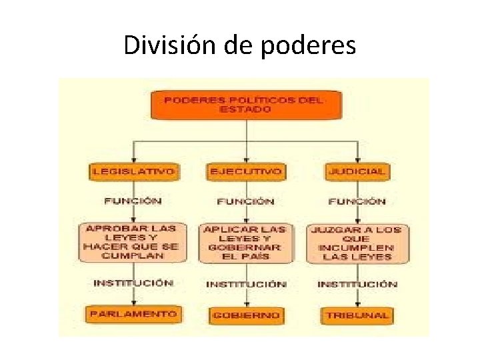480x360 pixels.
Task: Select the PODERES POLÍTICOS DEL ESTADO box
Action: coord(245,105)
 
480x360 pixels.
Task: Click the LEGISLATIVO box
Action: coord(133,171)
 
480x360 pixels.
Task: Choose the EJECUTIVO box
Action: coord(245,171)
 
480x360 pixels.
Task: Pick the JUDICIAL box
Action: coord(357,171)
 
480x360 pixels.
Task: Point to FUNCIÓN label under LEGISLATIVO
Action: coord(133,200)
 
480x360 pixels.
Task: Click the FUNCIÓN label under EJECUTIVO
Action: coord(245,201)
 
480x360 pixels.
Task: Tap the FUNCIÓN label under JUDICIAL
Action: coord(357,201)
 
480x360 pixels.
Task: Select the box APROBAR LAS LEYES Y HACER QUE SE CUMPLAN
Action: coord(131,241)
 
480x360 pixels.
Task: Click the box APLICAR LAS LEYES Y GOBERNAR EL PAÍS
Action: coord(245,243)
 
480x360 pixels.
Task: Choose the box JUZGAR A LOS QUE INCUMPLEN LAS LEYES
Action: coord(357,243)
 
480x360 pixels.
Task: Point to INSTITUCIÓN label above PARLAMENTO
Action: coord(133,283)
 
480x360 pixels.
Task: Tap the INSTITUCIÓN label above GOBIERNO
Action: coord(246,284)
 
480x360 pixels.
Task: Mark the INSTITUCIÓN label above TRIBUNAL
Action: coord(357,284)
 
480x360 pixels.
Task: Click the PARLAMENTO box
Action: coord(133,314)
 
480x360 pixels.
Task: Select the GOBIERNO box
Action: coord(245,315)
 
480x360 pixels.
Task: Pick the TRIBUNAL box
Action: coord(357,315)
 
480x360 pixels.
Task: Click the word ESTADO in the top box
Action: coord(245,110)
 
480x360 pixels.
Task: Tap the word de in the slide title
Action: coord(235,45)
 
